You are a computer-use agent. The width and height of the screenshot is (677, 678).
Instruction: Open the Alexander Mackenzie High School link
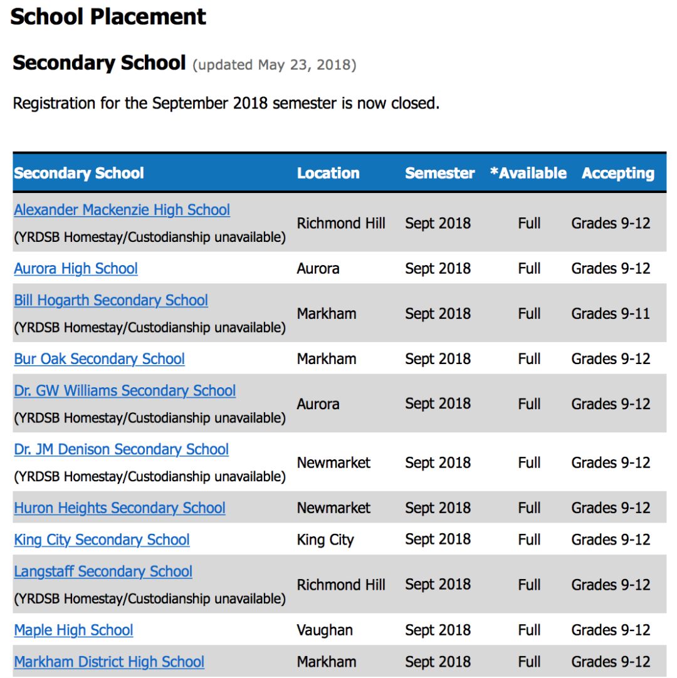122,210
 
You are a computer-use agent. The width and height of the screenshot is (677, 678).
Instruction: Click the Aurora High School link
76,269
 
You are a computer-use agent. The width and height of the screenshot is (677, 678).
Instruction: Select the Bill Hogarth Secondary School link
111,300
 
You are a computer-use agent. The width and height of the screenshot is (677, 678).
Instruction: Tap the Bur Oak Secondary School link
99,359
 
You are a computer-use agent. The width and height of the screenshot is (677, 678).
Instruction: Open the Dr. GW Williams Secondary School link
125,390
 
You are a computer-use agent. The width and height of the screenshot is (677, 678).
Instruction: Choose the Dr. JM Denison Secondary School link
121,449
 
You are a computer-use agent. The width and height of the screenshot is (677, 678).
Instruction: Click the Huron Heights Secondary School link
120,508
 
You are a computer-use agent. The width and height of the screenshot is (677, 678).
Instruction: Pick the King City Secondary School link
102,540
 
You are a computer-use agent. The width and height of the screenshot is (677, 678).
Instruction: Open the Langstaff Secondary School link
103,571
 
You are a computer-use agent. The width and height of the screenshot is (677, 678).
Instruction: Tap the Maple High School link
73,630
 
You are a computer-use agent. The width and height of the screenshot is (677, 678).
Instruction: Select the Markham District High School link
109,662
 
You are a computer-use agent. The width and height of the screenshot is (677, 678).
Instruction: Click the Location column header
328,174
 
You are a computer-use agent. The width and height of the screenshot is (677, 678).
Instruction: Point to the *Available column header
528,174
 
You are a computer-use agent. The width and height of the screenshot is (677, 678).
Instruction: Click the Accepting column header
617,174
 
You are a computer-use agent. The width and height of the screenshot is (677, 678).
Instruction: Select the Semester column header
439,174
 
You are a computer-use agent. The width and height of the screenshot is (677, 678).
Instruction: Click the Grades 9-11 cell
611,313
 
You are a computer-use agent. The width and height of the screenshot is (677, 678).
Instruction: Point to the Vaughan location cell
325,630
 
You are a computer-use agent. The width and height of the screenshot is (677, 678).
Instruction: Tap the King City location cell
325,540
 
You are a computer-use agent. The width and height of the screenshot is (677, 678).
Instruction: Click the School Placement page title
108,17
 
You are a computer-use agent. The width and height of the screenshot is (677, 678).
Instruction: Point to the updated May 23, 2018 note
275,65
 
